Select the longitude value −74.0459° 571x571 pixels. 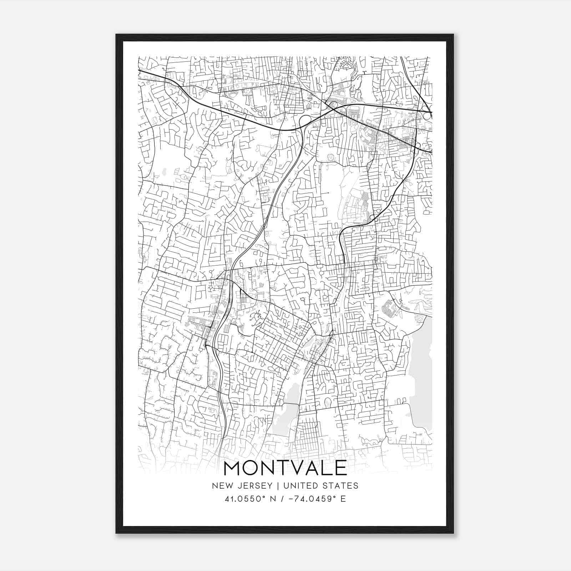(310, 499)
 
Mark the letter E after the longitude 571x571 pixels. (343, 499)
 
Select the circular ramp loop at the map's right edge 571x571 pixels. (427, 115)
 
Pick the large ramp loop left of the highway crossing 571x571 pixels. (306, 120)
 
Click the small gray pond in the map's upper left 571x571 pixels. (164, 172)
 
